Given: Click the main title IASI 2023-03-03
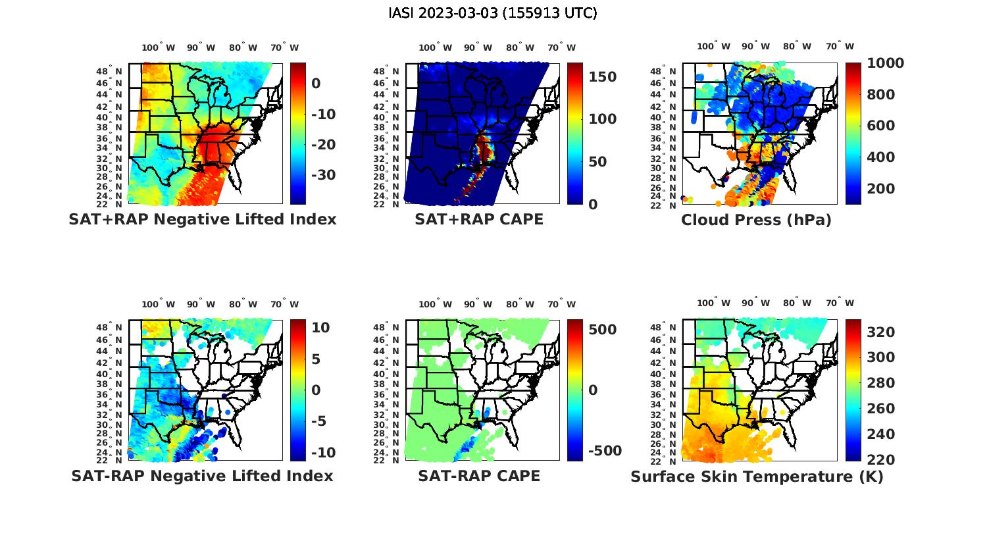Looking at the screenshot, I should [x=493, y=13].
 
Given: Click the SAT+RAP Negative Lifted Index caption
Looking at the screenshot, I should [x=203, y=219].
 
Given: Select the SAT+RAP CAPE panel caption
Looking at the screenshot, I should [x=479, y=219].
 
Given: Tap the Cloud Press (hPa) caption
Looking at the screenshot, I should [x=756, y=220].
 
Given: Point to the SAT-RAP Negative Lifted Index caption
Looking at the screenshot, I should [x=203, y=476].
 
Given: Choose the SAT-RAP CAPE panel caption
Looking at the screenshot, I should [x=479, y=476].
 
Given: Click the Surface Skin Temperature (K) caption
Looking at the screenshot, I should [x=757, y=477].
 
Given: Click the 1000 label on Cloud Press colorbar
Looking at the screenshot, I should [x=885, y=63].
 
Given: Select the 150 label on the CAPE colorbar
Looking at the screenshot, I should [x=602, y=77].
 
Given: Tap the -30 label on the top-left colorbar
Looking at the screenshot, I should [x=323, y=175].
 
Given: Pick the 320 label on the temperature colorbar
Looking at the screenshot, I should [x=881, y=332].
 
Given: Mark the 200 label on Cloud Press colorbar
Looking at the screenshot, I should [x=881, y=189].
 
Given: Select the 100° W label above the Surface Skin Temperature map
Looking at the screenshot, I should [x=713, y=303].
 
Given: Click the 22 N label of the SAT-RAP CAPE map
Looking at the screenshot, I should [x=386, y=461].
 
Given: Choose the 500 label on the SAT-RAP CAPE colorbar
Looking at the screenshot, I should [x=602, y=330].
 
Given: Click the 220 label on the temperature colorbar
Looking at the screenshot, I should [x=881, y=460].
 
